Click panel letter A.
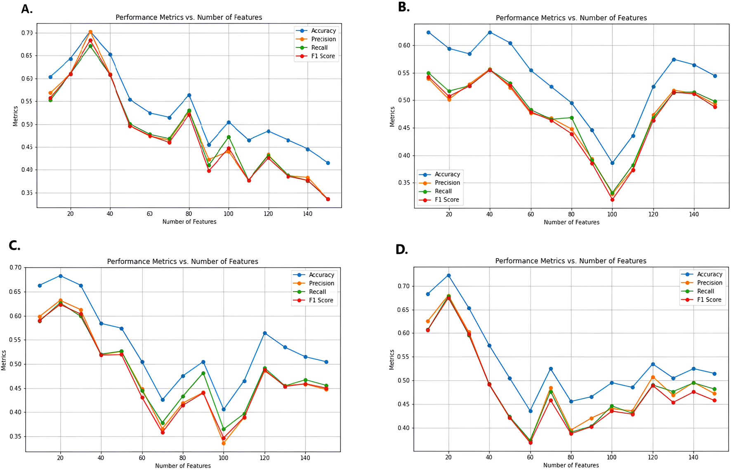click(x=27, y=9)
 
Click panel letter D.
click(x=401, y=249)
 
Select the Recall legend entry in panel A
click(x=319, y=47)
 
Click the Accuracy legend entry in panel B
click(x=447, y=174)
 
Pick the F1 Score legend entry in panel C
click(x=321, y=300)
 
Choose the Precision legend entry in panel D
click(x=709, y=283)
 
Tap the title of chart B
click(x=571, y=18)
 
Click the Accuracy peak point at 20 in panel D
click(x=448, y=275)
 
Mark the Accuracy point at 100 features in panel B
click(x=612, y=163)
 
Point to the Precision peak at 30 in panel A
click(x=90, y=32)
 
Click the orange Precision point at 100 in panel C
click(x=224, y=443)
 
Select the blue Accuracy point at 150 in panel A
click(x=328, y=163)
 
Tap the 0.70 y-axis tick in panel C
click(x=16, y=268)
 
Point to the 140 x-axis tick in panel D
click(x=693, y=457)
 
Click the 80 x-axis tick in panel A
click(x=189, y=214)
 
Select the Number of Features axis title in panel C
click(x=183, y=466)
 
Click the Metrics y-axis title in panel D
click(x=392, y=359)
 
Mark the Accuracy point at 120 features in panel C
click(x=264, y=333)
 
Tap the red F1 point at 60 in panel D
click(x=531, y=442)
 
